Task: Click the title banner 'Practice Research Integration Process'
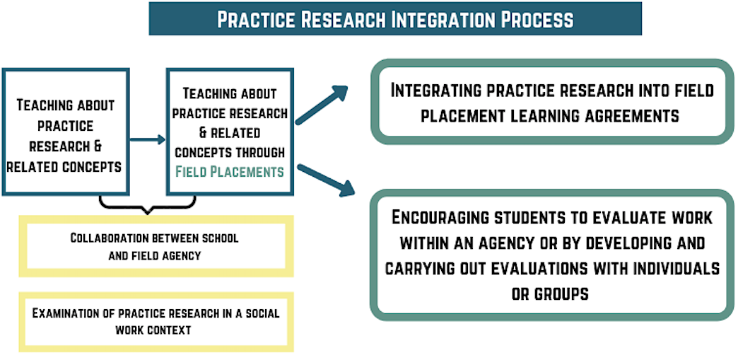[395, 18]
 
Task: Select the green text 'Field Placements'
[230, 171]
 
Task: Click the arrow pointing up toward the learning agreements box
[322, 105]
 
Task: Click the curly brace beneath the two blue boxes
[146, 206]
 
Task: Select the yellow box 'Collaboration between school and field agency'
[154, 246]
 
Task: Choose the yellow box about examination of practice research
[154, 321]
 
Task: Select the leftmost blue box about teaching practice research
[65, 132]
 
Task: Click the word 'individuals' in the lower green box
[665, 269]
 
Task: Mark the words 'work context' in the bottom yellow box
[154, 330]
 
